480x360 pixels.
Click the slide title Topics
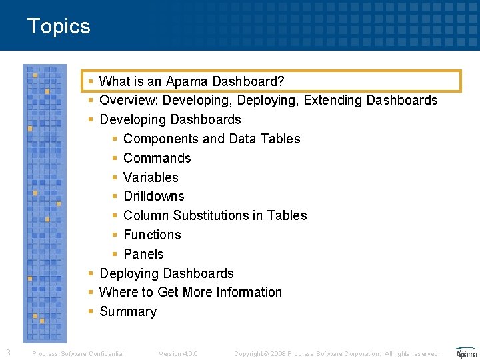(x=59, y=27)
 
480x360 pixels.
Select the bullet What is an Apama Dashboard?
(x=191, y=81)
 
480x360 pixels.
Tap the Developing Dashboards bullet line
(x=170, y=120)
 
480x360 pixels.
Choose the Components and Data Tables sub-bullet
(x=211, y=139)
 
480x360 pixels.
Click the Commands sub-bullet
(x=157, y=158)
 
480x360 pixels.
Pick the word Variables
(x=151, y=177)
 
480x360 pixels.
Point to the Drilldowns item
(x=154, y=196)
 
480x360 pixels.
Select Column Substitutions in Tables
(x=215, y=215)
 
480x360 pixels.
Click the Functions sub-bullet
(x=152, y=235)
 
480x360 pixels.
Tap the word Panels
(x=143, y=254)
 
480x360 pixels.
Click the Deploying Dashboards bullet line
(x=166, y=273)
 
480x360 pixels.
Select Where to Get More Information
(x=190, y=292)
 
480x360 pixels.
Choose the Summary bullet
(x=127, y=311)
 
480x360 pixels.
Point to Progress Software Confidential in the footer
(x=78, y=354)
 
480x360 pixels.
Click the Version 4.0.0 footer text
(x=178, y=354)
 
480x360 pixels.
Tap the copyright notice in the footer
(x=337, y=354)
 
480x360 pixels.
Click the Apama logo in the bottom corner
(x=466, y=353)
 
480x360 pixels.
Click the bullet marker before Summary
(x=90, y=312)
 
